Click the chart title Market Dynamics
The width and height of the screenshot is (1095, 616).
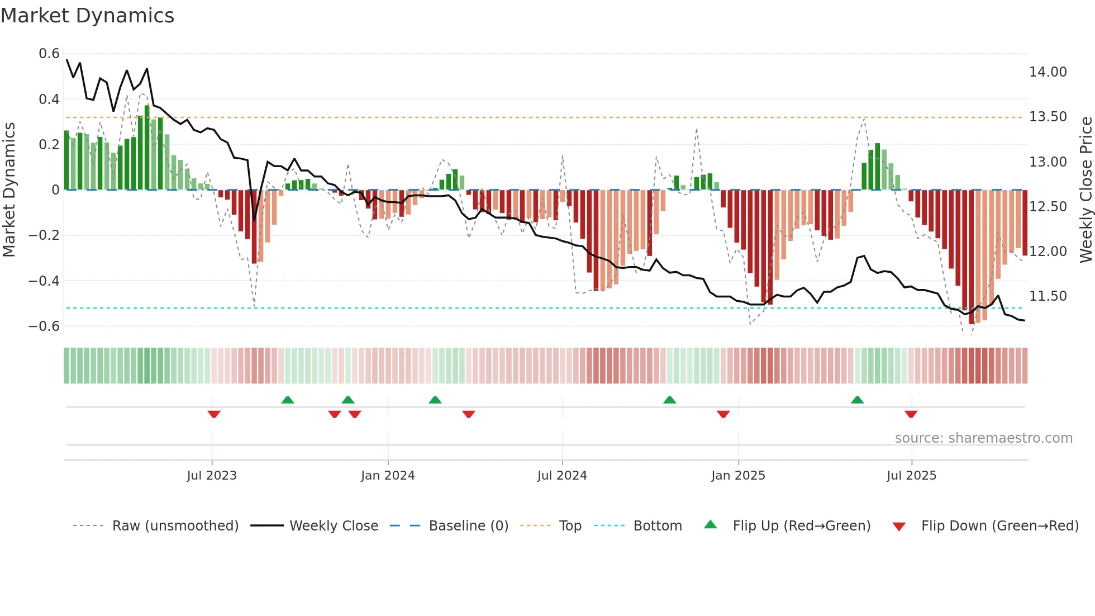click(x=88, y=16)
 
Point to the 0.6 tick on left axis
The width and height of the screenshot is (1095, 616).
click(x=49, y=54)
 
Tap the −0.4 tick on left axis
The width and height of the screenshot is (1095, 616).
click(x=44, y=281)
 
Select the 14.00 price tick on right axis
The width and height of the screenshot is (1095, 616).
click(x=1048, y=72)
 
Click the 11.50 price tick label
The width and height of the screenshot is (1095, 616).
click(x=1048, y=296)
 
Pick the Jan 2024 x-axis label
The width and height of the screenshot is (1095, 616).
click(x=388, y=476)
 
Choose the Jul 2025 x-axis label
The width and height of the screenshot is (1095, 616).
click(x=911, y=476)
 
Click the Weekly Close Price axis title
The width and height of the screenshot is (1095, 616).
click(x=1086, y=190)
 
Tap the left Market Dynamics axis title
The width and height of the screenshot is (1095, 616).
click(x=9, y=190)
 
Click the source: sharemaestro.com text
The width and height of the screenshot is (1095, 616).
click(x=983, y=438)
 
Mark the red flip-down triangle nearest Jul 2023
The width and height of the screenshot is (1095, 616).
click(x=214, y=414)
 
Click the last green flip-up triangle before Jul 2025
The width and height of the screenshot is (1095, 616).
click(x=857, y=400)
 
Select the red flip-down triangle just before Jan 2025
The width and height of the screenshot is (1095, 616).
click(x=723, y=414)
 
